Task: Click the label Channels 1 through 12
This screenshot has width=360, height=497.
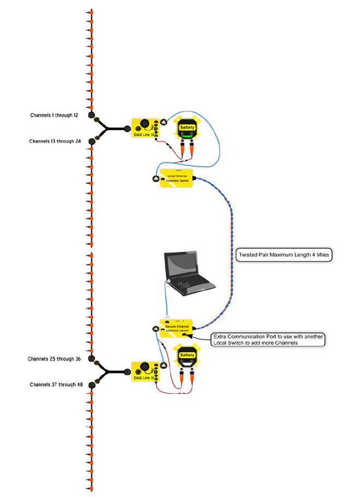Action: click(54, 116)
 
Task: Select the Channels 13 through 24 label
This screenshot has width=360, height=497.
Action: click(55, 141)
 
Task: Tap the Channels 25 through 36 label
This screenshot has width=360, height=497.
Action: click(54, 359)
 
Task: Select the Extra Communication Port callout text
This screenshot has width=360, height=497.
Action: click(268, 340)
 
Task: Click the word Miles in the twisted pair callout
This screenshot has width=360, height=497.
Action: click(320, 255)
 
